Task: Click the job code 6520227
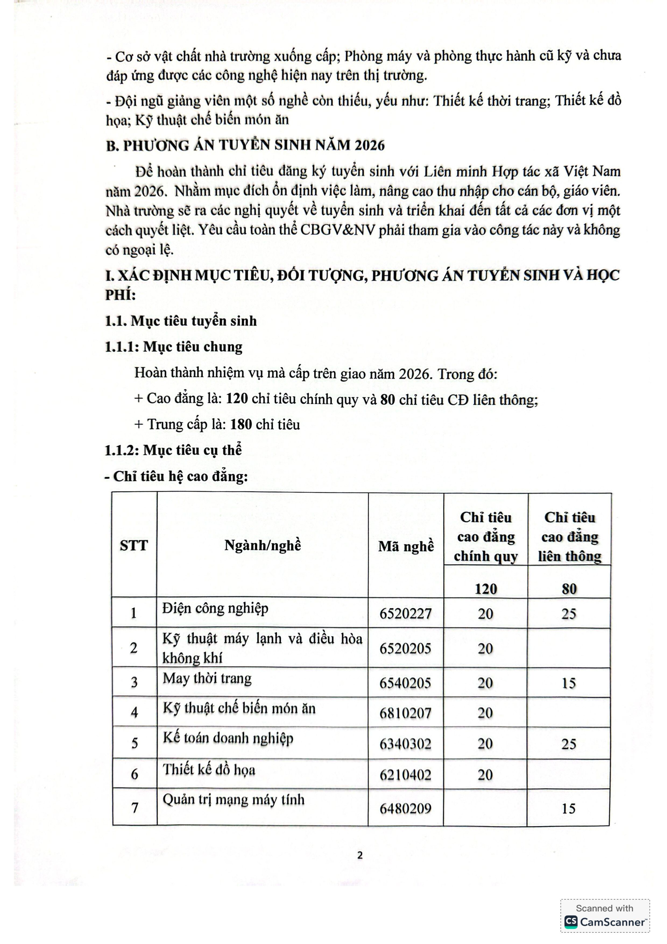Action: [x=405, y=614]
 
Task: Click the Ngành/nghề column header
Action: [x=263, y=545]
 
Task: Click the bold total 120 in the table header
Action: [x=486, y=589]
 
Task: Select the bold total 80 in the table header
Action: [x=569, y=589]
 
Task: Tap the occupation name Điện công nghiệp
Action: [x=215, y=608]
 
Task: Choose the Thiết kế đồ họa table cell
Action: [x=209, y=769]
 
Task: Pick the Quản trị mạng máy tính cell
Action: [x=234, y=799]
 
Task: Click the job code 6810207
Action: [x=405, y=713]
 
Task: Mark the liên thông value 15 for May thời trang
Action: [x=569, y=683]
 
